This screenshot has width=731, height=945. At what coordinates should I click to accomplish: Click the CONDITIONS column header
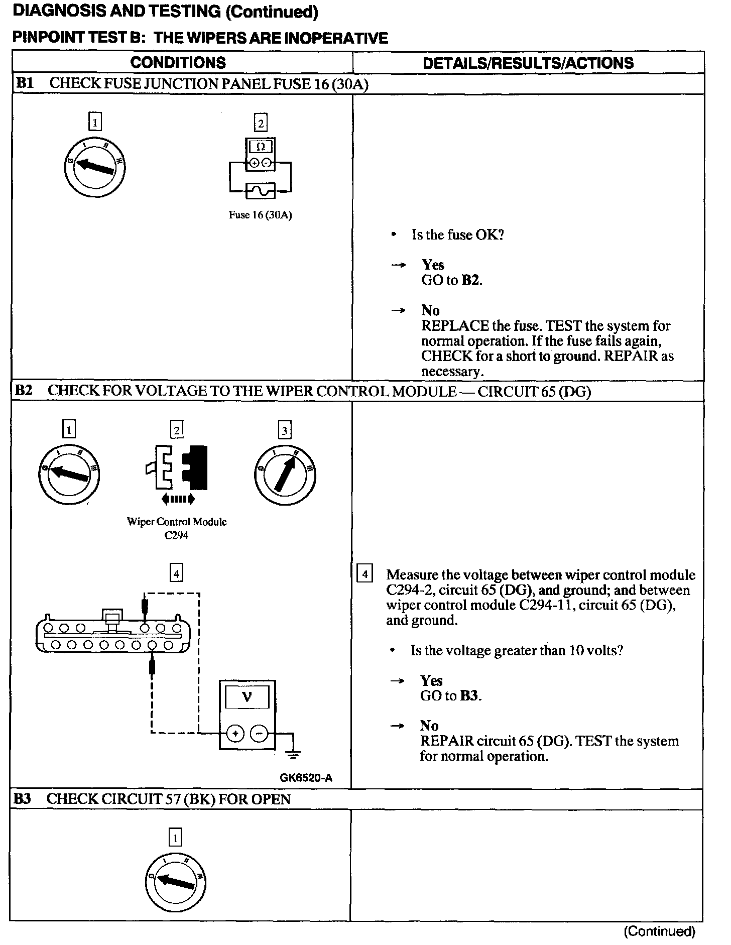coord(178,63)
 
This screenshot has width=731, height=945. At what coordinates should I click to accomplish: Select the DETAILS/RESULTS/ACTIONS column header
coord(528,63)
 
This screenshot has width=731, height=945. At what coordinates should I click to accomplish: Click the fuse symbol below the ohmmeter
coord(260,190)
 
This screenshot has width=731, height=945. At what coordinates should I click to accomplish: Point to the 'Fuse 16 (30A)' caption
coord(260,215)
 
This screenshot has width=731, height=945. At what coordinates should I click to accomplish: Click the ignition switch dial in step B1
coord(95,167)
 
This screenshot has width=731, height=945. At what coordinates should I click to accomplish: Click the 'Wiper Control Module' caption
coord(177,522)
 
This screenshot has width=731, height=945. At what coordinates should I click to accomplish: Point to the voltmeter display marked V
coord(247,697)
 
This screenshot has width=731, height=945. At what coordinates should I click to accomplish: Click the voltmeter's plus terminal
coord(234,734)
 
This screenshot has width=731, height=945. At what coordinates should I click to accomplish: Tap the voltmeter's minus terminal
coord(259,734)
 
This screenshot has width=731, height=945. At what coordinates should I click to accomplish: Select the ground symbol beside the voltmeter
coord(294,753)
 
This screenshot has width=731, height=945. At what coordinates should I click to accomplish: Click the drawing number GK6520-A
coord(306,778)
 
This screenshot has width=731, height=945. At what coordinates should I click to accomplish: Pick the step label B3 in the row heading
coord(22,799)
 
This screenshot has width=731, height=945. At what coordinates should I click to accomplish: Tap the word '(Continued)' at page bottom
coord(659,931)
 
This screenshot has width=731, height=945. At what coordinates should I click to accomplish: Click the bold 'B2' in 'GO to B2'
coord(470,280)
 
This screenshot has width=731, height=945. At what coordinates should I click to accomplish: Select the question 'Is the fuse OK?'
coord(457,234)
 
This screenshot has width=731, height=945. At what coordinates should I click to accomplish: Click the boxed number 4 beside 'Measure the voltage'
coord(364,573)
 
